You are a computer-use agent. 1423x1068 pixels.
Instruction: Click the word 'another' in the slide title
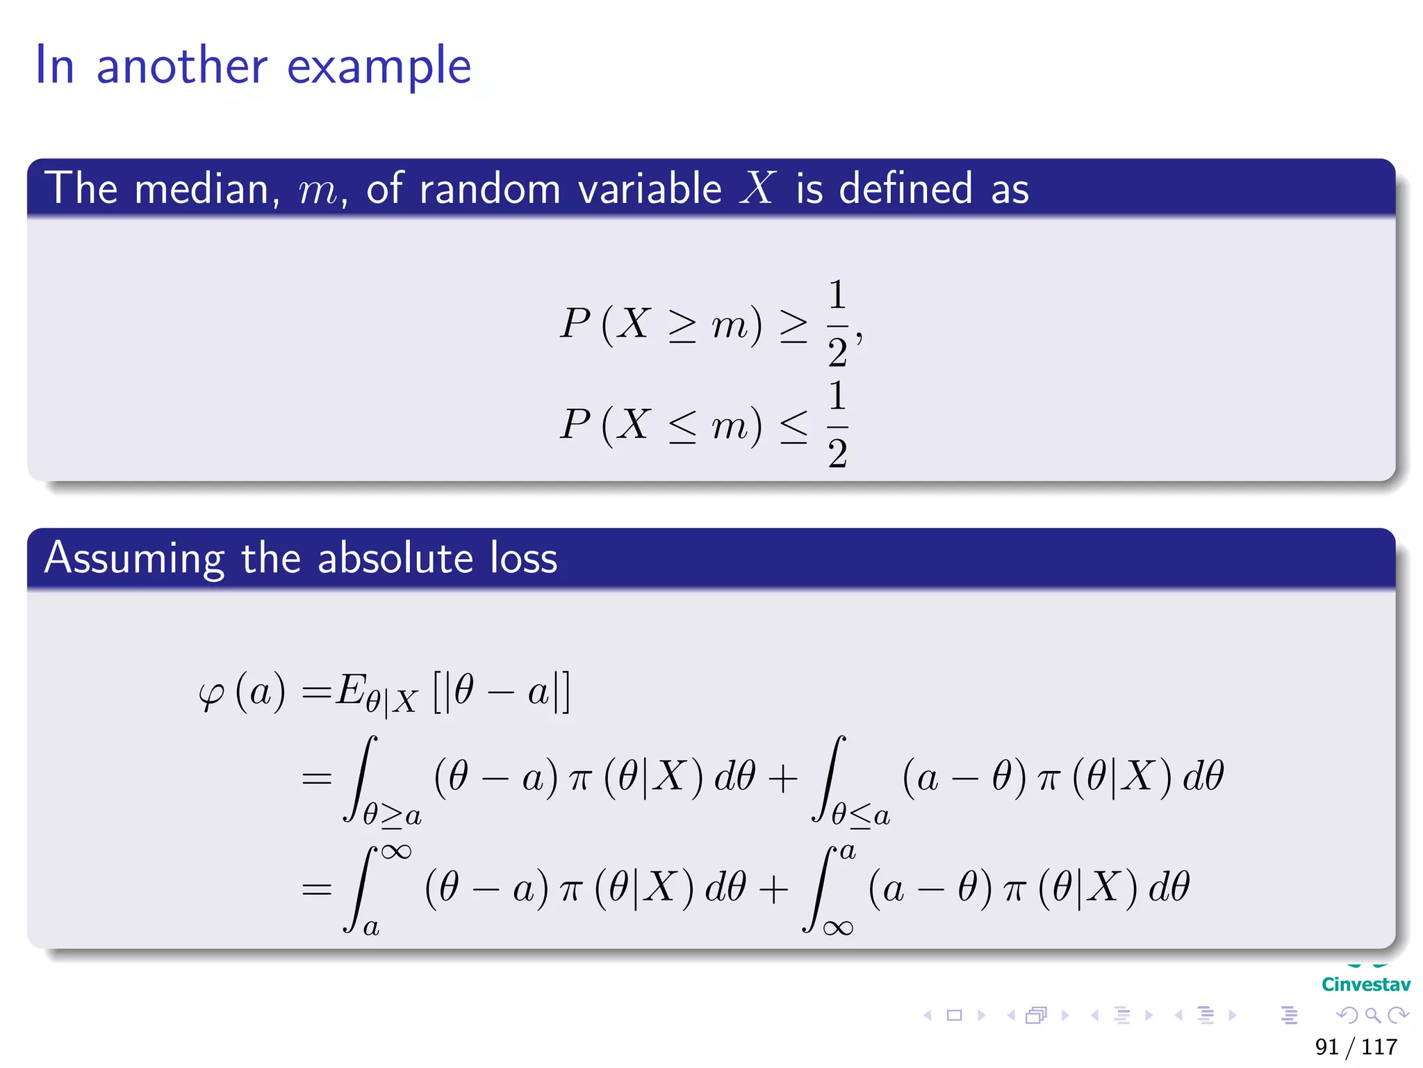(x=181, y=66)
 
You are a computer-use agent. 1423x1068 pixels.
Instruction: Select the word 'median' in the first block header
(x=202, y=188)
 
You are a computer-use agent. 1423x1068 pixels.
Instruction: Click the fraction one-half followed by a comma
(x=838, y=323)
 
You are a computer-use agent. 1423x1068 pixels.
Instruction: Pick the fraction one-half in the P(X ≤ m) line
(x=838, y=424)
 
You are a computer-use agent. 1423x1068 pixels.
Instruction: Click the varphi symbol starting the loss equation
(x=211, y=693)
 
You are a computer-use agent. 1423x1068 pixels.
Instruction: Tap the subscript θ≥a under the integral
(x=392, y=814)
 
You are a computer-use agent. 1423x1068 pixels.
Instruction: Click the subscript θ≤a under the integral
(x=860, y=814)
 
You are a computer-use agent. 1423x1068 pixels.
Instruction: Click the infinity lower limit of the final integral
(x=837, y=928)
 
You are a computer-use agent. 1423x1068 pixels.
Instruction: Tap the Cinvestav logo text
(x=1365, y=984)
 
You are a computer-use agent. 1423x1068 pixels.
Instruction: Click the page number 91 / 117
(x=1356, y=1046)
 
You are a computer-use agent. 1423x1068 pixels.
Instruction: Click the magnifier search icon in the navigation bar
(x=1372, y=1015)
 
